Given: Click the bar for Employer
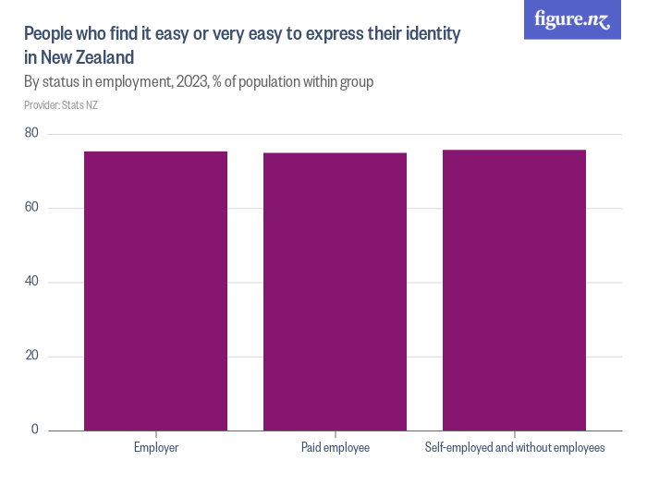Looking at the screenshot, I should point(155,291).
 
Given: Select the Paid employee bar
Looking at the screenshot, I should point(335,292).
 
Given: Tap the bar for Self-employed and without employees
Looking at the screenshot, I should point(514,290).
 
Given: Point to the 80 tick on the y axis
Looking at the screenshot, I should point(31,134).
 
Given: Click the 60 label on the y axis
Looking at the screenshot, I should point(31,208).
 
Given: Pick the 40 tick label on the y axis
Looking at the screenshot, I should point(31,282).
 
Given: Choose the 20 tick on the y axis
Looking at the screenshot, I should point(31,356).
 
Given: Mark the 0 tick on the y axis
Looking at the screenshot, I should point(35,430).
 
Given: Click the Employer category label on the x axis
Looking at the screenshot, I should point(155,448).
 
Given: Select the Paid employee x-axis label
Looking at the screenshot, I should point(335,448).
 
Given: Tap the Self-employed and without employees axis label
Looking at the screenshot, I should point(514,448).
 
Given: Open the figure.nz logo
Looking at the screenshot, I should point(572,20).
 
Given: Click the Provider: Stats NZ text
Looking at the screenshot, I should point(61,105).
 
